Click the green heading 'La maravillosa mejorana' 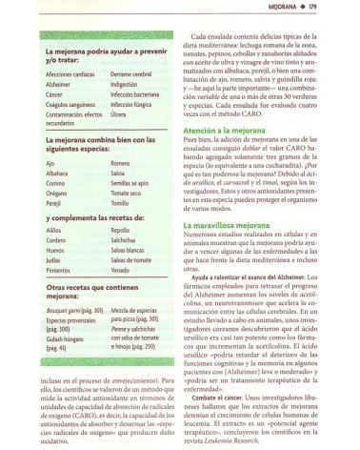[228, 250]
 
